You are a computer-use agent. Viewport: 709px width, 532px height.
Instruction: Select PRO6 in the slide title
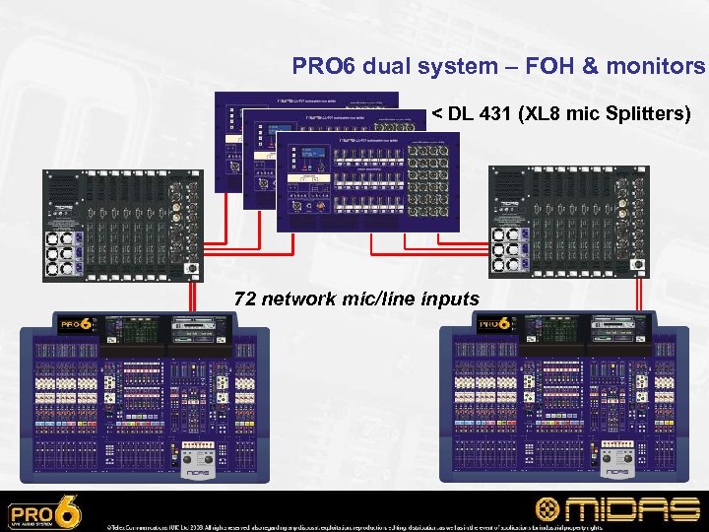pos(323,66)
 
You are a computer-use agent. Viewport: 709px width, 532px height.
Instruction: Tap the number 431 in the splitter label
pos(498,114)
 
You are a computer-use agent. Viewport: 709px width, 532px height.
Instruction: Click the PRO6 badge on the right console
pos(495,324)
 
